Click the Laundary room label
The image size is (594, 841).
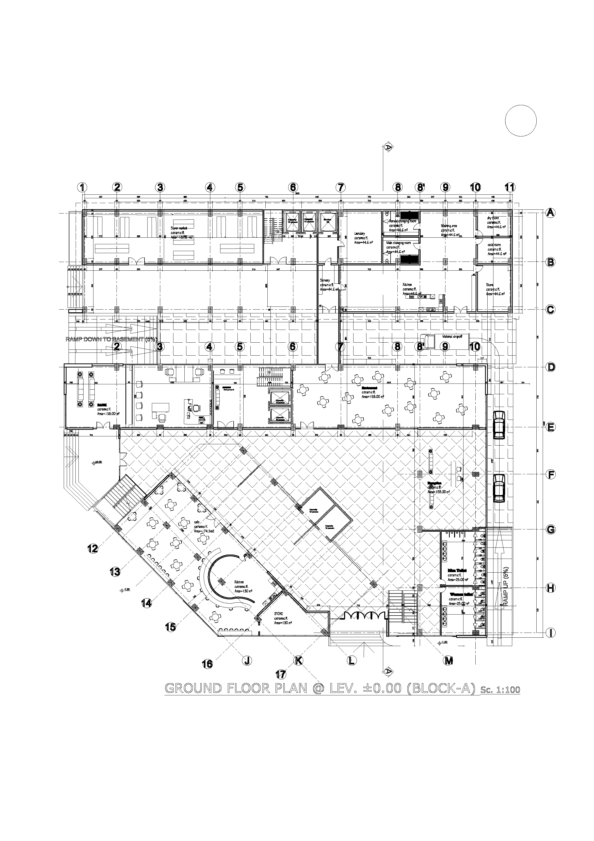[x=359, y=233]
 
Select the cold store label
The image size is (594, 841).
[x=494, y=245]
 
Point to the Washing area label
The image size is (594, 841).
[x=449, y=226]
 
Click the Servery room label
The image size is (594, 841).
[x=325, y=280]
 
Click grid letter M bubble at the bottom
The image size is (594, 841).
[x=448, y=661]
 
